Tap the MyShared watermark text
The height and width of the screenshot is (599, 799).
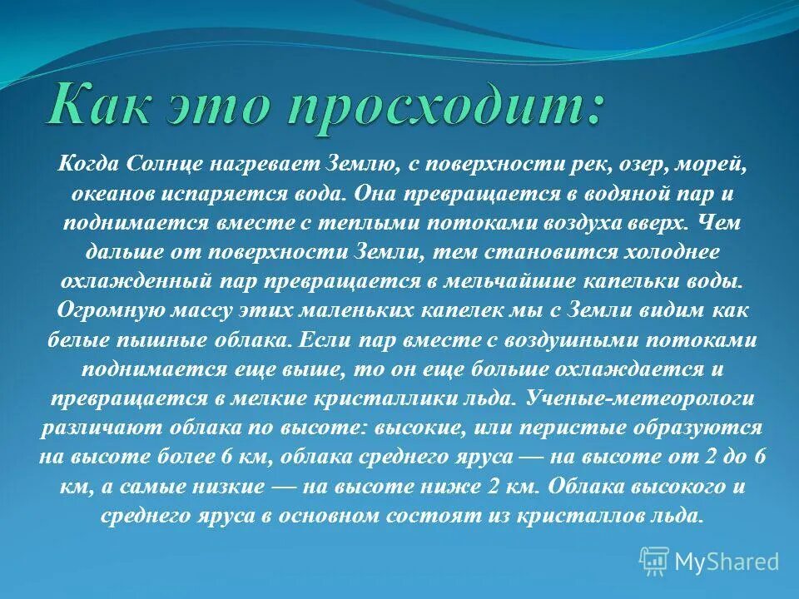(727, 562)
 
